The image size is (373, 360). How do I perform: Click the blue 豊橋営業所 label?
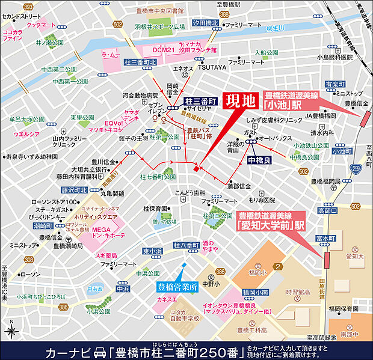(177, 287)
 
